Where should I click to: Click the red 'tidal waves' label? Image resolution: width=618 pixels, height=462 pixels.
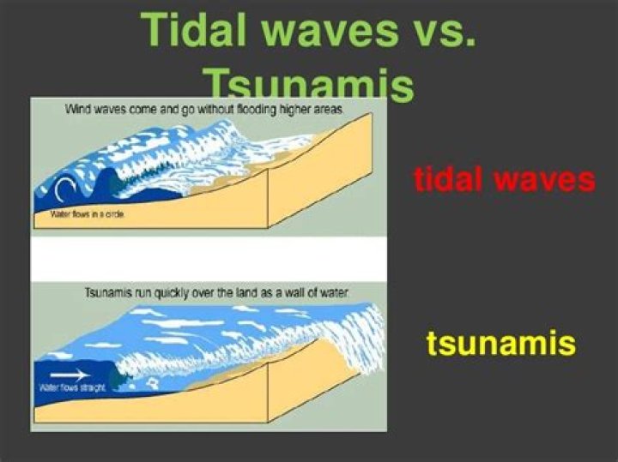pyautogui.click(x=504, y=180)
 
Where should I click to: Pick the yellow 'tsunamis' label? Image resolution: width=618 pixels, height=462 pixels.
pyautogui.click(x=500, y=344)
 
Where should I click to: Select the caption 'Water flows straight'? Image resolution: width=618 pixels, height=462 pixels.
pyautogui.click(x=72, y=388)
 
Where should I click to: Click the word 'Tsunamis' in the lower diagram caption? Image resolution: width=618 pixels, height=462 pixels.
pyautogui.click(x=106, y=292)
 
